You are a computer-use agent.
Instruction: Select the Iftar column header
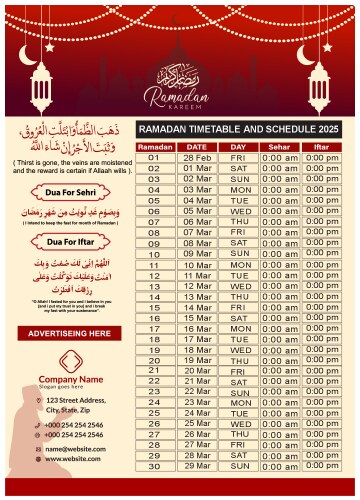[x=321, y=146]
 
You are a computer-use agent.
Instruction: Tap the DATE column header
[x=196, y=146]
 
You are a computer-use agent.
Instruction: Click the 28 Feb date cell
[x=196, y=157]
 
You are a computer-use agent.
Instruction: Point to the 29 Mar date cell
[x=196, y=454]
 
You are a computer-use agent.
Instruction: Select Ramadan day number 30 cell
[x=154, y=465]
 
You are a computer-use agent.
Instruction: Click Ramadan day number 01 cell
[x=154, y=157]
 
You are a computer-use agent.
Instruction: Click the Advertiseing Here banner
[x=69, y=332]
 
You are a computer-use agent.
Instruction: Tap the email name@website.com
[x=74, y=449]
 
